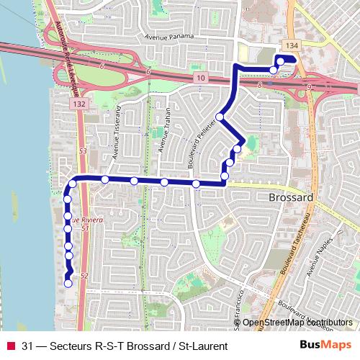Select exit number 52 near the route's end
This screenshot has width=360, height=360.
84,276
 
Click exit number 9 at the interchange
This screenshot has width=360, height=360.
309,87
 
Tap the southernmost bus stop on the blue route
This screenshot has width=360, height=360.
68,283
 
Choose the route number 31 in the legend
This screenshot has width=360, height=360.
27,346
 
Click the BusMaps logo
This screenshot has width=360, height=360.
325,345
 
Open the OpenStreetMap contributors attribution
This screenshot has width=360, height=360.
297,322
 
